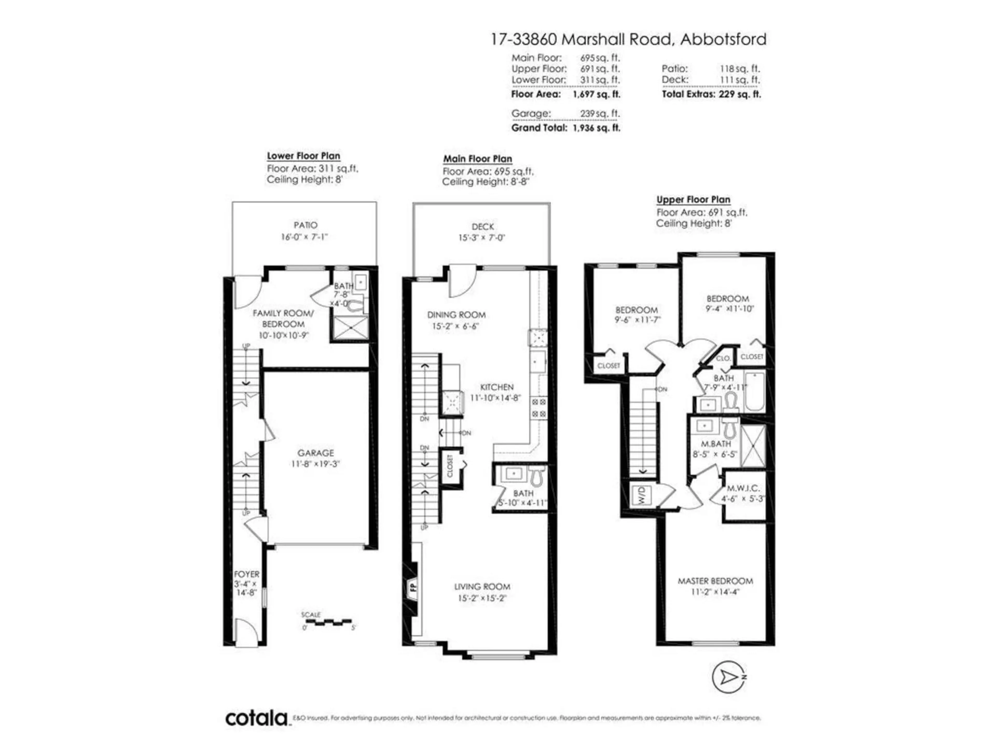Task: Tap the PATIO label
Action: coord(305,225)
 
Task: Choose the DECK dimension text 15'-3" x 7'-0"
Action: coord(482,238)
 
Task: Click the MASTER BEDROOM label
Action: coord(715,581)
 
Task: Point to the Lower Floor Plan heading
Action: coord(303,156)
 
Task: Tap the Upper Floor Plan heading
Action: coord(693,199)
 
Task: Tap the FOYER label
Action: coord(246,574)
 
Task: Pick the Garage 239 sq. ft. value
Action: coord(600,113)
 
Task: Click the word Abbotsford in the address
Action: coord(723,40)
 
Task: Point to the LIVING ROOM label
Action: coord(482,587)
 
